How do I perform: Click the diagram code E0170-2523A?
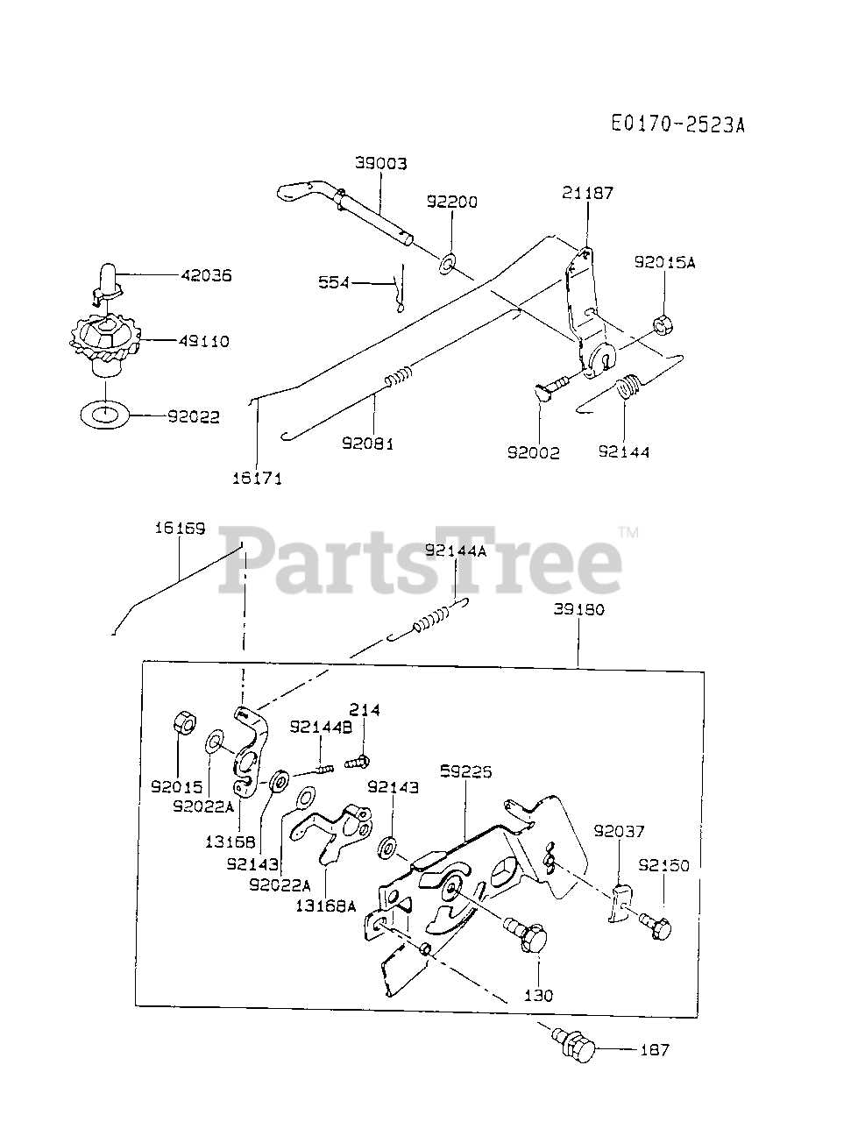(677, 124)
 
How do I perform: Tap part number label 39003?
(380, 163)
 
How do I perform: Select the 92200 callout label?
(452, 202)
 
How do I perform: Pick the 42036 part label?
(206, 275)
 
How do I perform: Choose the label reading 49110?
(202, 341)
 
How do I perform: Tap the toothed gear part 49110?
(104, 338)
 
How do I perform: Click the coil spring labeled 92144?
(625, 388)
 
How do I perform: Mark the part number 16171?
(257, 479)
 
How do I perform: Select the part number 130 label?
(540, 996)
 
